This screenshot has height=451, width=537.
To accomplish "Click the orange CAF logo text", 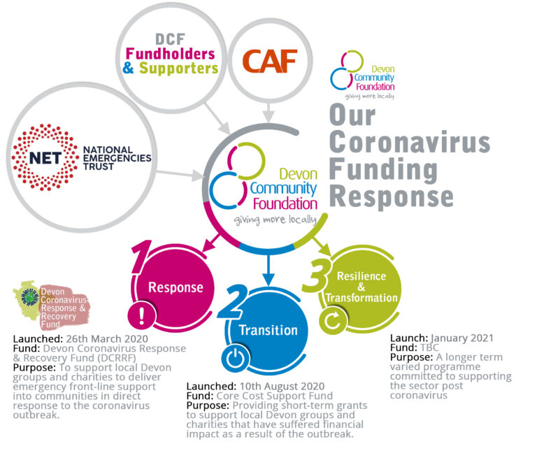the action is point(269,61).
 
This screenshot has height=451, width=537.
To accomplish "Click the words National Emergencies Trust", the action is point(117,158).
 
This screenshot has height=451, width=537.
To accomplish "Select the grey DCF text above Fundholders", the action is point(170,39).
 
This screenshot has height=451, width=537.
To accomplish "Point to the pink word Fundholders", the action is point(170,54).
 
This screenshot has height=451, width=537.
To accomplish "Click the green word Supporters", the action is point(178,68).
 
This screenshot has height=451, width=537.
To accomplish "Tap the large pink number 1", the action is point(141,257).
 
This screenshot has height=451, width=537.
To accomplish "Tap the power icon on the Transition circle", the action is point(236,358).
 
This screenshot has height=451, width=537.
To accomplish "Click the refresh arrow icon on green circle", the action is point(333,320).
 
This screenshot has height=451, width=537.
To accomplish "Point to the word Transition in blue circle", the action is point(268,330).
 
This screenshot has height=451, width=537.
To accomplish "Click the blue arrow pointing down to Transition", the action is point(268,270).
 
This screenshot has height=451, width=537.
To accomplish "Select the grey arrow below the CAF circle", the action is point(268,112).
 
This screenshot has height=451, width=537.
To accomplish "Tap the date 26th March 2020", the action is point(107,339).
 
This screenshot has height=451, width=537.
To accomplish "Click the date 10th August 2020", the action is point(282,386).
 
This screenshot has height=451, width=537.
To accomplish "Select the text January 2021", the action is point(462,338).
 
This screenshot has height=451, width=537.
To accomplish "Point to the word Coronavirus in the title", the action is point(410,142).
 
